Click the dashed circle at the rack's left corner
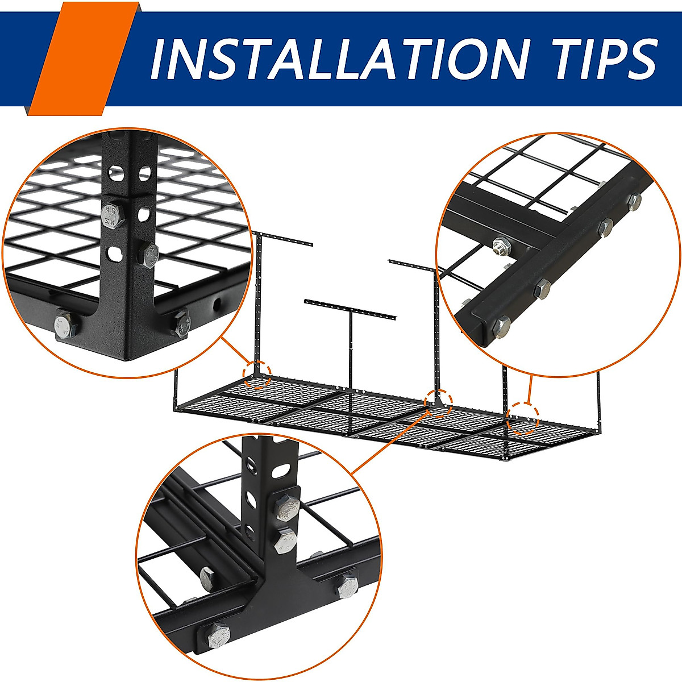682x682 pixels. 257,375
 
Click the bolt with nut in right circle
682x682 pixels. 501,247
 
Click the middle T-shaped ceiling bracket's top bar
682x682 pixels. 350,307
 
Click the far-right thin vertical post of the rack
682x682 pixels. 598,398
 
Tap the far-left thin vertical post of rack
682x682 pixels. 176,390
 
